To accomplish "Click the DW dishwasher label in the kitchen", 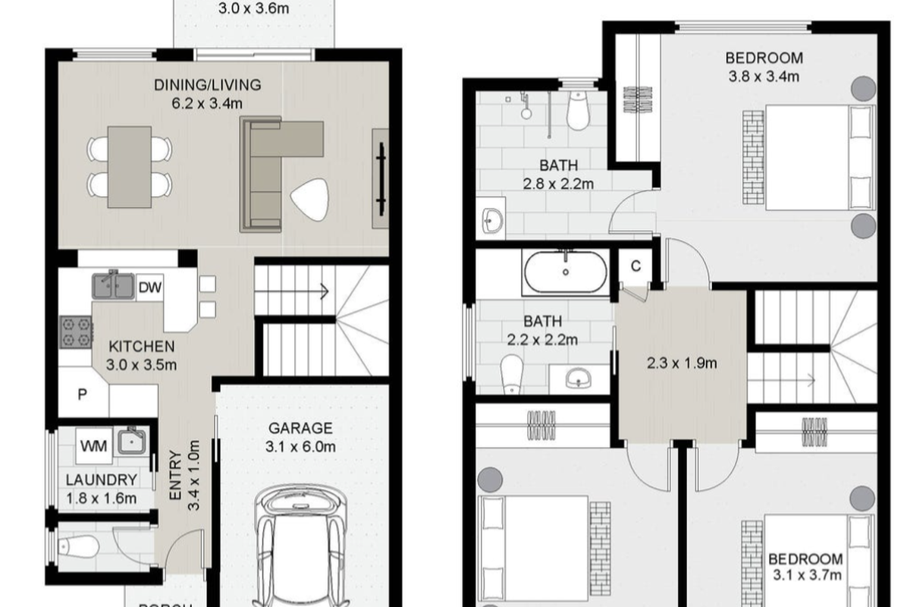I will pos(150,288).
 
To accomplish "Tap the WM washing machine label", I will pos(93,444).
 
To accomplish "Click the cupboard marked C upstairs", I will pos(635,266).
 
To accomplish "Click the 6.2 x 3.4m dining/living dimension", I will pos(207,104).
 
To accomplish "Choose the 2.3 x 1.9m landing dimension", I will pos(682,363).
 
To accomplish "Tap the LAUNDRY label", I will pos(101,480).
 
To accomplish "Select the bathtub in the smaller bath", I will pos(565,272).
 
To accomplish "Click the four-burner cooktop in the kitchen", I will pos(76,332).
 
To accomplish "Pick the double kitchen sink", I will pos(114,286).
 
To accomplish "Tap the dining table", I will pos(128,166).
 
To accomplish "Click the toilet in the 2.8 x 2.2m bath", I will pos(579,112).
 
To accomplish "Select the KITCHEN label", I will pos(142,347).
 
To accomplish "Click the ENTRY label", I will pos(175,475).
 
